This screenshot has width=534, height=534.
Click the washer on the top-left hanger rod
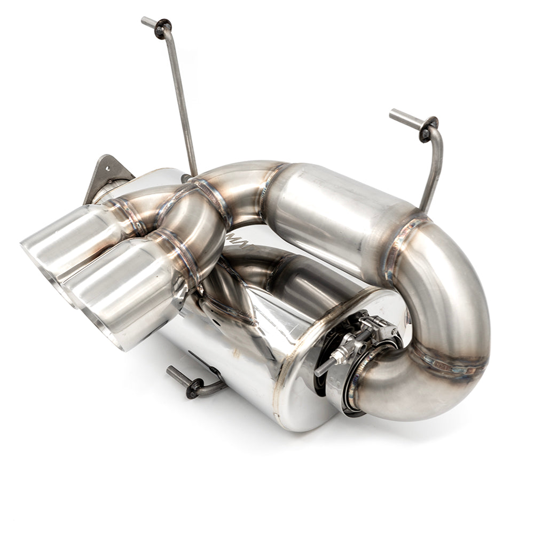point(163,28)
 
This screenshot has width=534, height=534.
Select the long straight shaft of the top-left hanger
point(182,96)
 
